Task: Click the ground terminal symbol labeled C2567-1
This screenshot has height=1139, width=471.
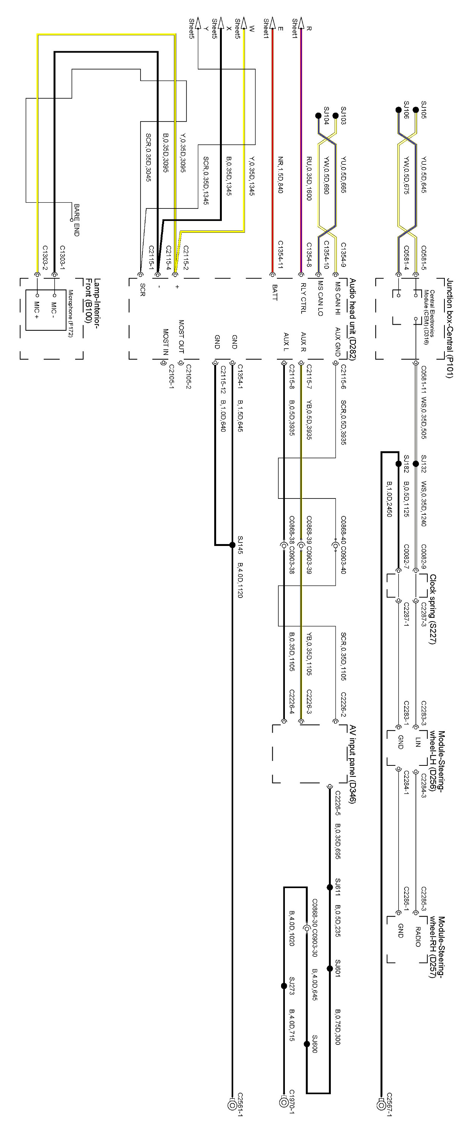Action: (381, 1104)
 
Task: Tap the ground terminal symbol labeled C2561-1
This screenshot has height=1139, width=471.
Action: (232, 1104)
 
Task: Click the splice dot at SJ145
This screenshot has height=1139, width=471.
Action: (232, 545)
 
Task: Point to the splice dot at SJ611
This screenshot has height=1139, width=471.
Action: (329, 887)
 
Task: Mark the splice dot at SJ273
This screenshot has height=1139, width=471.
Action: (284, 986)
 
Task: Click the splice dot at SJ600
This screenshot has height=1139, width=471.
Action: (307, 1044)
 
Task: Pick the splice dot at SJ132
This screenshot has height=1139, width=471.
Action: (415, 464)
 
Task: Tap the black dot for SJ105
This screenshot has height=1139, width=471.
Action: (415, 110)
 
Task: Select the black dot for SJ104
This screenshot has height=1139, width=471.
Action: (318, 116)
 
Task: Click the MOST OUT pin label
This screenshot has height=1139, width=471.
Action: (181, 336)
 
